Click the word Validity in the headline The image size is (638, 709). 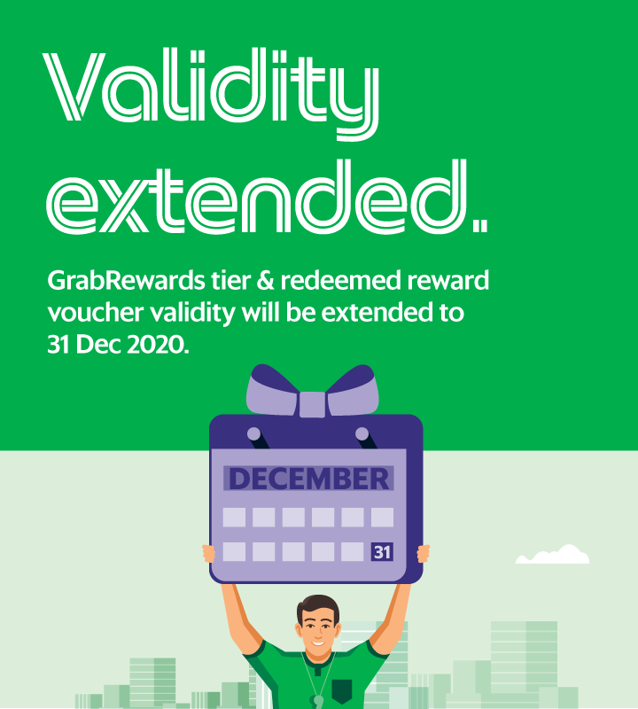click(211, 93)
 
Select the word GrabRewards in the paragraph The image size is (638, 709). click(126, 281)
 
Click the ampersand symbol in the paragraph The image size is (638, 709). click(266, 280)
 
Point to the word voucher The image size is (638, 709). click(96, 313)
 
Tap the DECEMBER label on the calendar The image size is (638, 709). click(309, 479)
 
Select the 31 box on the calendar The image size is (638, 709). click(382, 552)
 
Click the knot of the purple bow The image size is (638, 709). click(313, 404)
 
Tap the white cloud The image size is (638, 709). click(553, 555)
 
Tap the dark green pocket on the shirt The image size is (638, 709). click(341, 690)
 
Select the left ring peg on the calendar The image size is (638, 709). click(254, 434)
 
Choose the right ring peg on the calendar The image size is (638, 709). click(362, 434)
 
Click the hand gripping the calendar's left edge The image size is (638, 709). click(209, 553)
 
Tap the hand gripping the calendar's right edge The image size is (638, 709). click(424, 553)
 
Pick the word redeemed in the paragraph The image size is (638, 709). click(341, 280)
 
